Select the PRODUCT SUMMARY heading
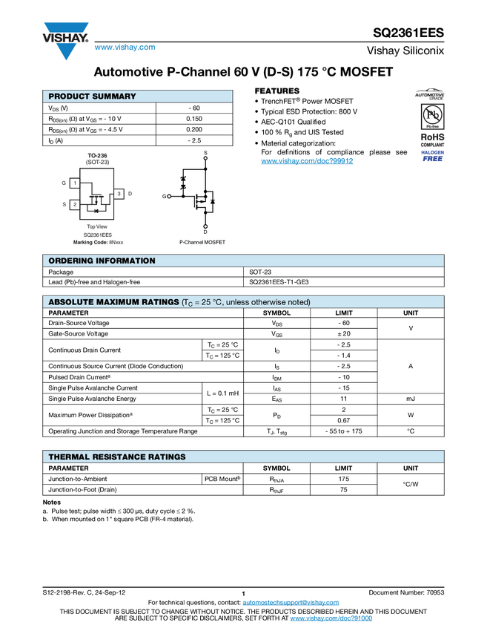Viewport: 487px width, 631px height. coord(92,97)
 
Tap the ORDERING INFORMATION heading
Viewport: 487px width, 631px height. coord(102,261)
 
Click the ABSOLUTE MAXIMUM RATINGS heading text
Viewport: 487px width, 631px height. coord(113,302)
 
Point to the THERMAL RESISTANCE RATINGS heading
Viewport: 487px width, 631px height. coord(116,457)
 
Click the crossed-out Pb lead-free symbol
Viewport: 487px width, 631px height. coord(430,115)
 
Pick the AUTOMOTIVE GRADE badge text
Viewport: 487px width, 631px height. coord(430,96)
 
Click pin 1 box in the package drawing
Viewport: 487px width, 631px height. coord(75,183)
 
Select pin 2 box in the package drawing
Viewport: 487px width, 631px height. coord(75,204)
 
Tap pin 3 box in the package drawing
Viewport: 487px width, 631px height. coord(119,194)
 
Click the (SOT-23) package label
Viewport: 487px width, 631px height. coord(97,163)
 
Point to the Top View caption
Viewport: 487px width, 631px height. coord(97,226)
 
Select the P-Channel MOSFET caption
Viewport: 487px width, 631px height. coord(202,242)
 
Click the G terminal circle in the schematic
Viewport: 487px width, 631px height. coord(170,196)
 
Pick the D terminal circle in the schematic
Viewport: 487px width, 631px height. coord(205,226)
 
